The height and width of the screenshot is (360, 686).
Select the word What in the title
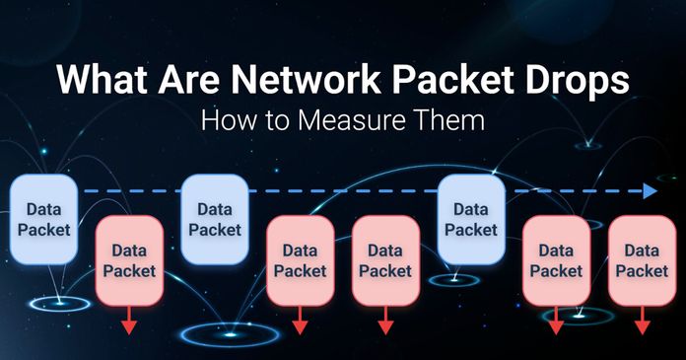click(x=101, y=81)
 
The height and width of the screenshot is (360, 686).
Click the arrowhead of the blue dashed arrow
click(x=650, y=190)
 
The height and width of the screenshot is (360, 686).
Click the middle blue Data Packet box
click(x=214, y=219)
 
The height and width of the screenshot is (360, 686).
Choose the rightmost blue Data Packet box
click(x=471, y=219)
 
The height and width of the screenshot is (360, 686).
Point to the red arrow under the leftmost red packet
click(x=129, y=321)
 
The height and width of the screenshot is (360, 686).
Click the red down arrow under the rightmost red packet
click(x=642, y=321)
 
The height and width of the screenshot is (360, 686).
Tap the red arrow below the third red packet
click(x=385, y=321)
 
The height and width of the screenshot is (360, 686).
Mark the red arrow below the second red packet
click(x=300, y=321)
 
